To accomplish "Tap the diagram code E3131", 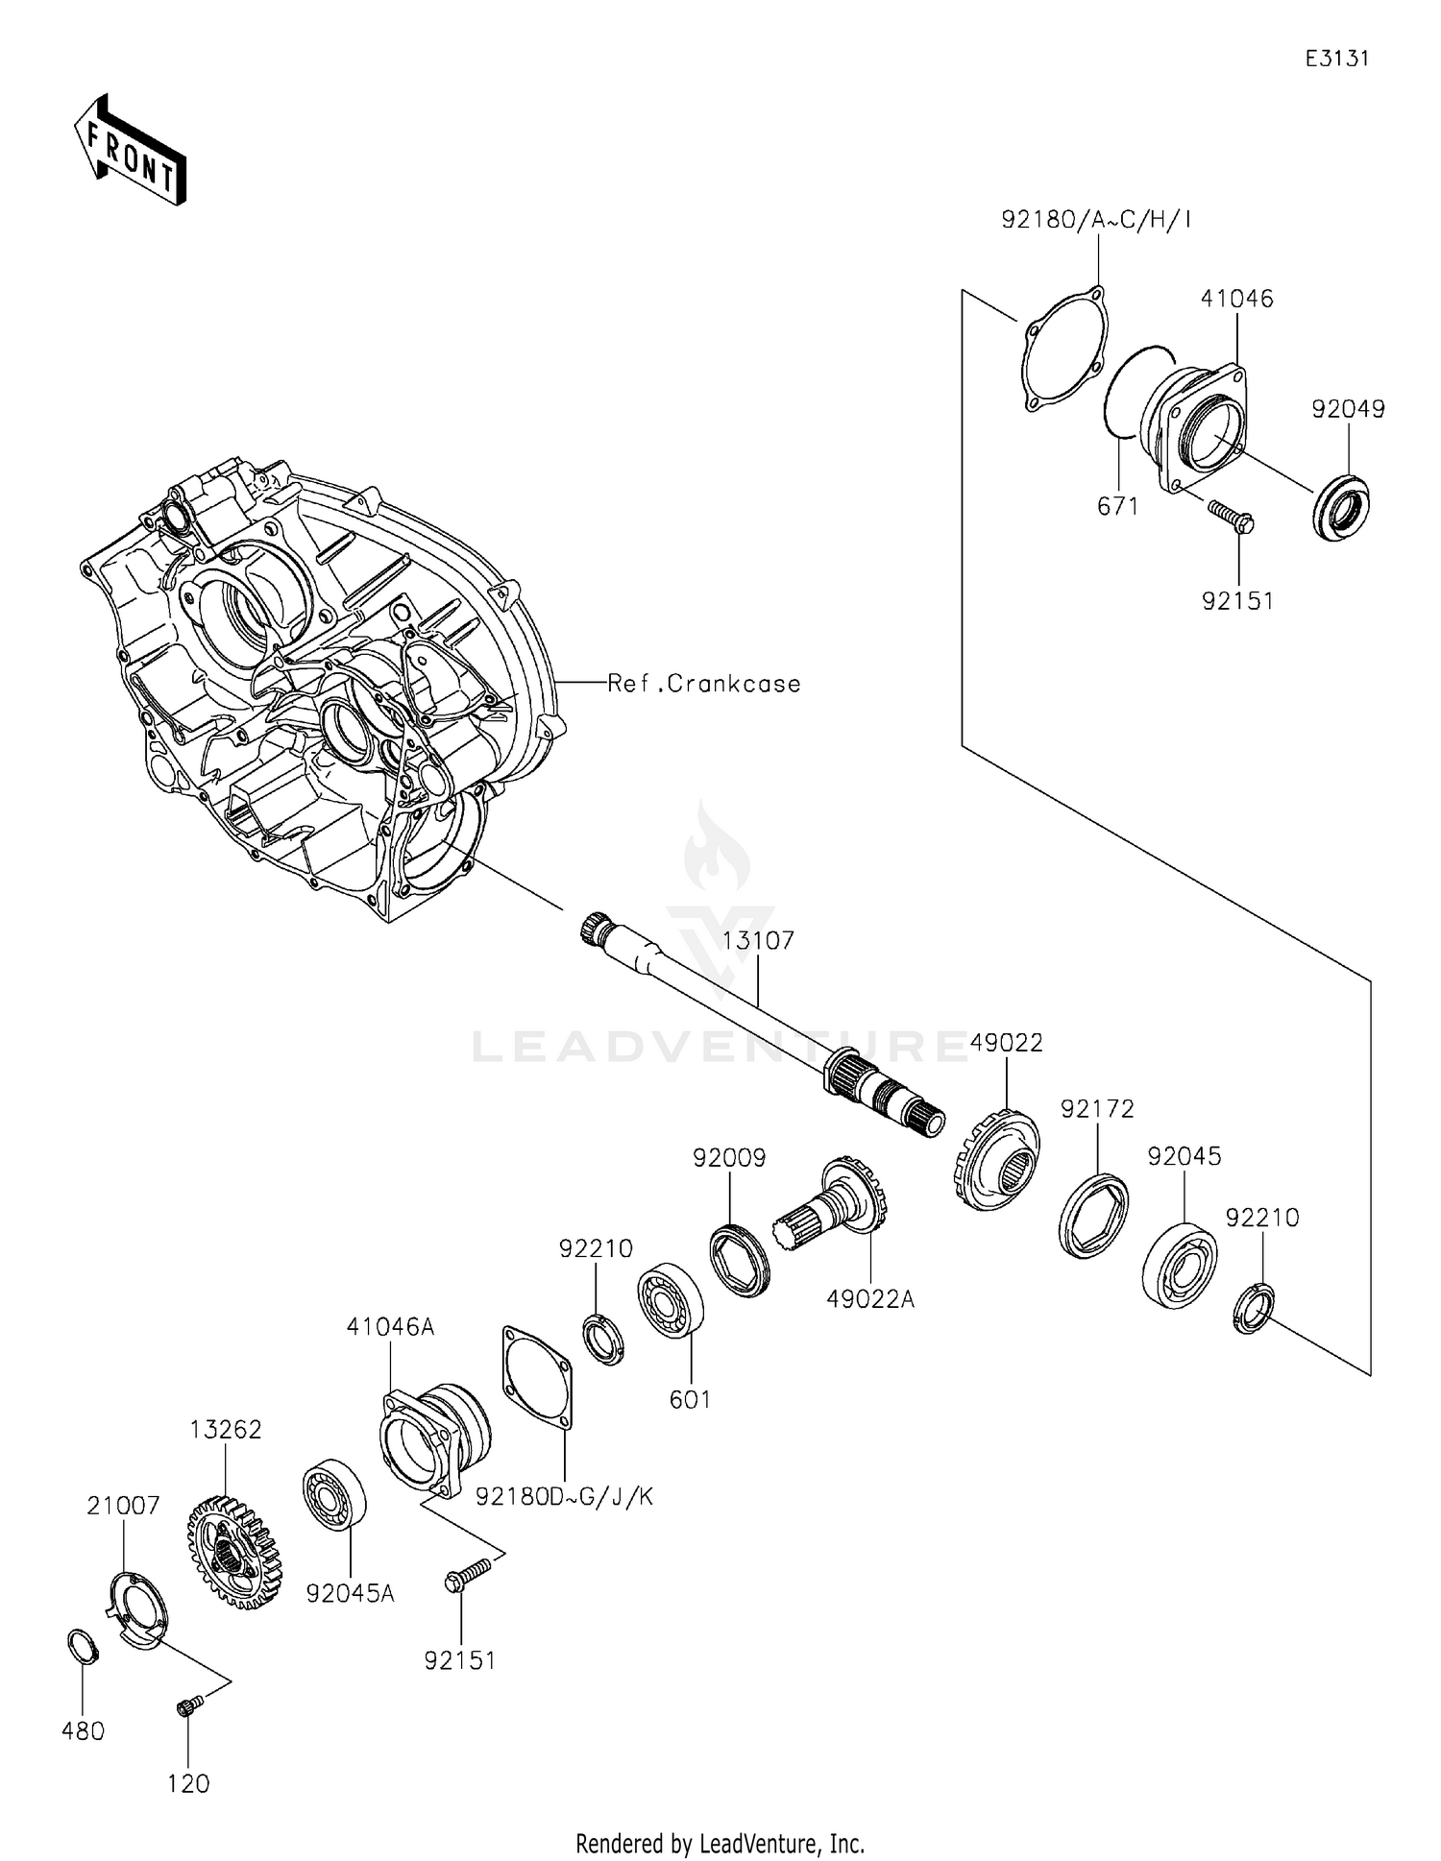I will [1336, 59].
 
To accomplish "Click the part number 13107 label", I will [758, 940].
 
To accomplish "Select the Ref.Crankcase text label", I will [704, 684].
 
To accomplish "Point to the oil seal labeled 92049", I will [1341, 506].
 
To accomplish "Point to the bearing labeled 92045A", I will [335, 1495].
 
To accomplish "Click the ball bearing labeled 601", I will [671, 1302].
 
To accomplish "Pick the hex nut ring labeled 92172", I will [1093, 1215].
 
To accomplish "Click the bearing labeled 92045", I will [1180, 1266].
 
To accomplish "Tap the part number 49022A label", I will [870, 1299].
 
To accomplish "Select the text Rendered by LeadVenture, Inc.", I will [720, 1843].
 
